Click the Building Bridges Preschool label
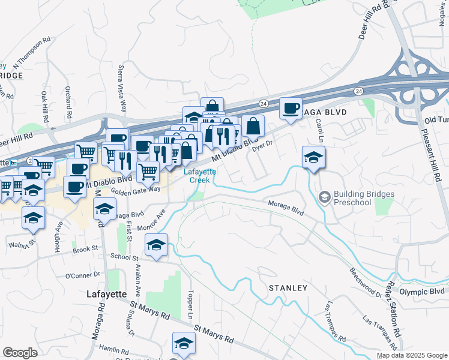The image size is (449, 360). pyautogui.click(x=364, y=199)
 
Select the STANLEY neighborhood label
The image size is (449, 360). pyautogui.click(x=288, y=288)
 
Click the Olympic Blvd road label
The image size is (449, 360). pyautogui.click(x=421, y=291)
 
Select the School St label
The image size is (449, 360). pyautogui.click(x=124, y=256)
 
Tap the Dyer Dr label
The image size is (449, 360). pyautogui.click(x=263, y=145)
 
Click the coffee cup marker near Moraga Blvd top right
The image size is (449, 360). pyautogui.click(x=291, y=109)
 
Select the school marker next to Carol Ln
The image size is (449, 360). pyautogui.click(x=313, y=157)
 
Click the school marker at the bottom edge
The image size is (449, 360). pyautogui.click(x=184, y=343)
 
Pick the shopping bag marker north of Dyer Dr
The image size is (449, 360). pyautogui.click(x=253, y=126)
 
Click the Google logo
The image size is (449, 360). pyautogui.click(x=20, y=353)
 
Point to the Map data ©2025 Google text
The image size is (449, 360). pyautogui.click(x=412, y=355)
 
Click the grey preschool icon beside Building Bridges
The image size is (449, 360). pyautogui.click(x=325, y=197)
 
